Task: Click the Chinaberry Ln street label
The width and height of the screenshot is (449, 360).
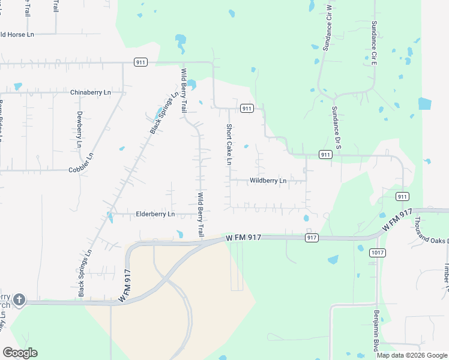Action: [x=91, y=92]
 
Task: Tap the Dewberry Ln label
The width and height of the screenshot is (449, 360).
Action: [x=79, y=129]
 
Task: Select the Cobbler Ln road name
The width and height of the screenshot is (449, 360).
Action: [x=82, y=163]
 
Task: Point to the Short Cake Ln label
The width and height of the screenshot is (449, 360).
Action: [x=229, y=145]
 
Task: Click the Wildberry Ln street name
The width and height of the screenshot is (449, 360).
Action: [x=268, y=181]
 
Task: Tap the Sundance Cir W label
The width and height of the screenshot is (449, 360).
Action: [x=328, y=28]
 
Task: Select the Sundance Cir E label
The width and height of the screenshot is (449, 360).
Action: [x=373, y=43]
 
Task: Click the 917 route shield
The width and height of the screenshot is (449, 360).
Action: [x=311, y=238]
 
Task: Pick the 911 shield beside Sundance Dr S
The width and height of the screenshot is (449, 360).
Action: [x=325, y=155]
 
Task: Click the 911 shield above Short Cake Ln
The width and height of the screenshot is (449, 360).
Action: [x=246, y=109]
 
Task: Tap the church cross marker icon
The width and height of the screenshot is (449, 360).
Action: [x=19, y=299]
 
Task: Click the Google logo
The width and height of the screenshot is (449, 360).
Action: [x=20, y=353]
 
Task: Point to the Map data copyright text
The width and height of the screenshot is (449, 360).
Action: [x=412, y=355]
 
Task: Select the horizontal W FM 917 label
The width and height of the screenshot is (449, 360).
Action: [x=244, y=238]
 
